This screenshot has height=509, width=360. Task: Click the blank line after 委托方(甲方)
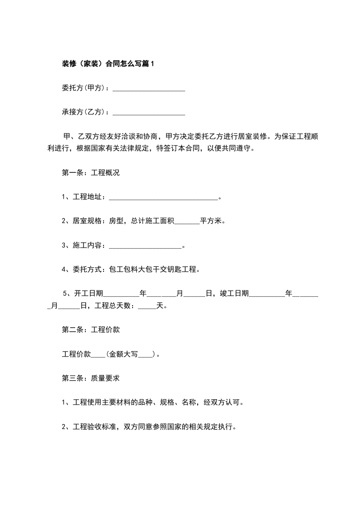click(x=148, y=88)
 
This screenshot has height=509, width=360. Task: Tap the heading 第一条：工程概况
click(x=90, y=173)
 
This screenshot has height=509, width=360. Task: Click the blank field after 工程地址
click(x=164, y=197)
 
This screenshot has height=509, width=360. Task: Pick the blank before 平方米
click(x=187, y=222)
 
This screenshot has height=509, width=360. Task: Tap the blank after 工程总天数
click(x=147, y=306)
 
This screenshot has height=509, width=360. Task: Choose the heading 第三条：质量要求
click(x=90, y=378)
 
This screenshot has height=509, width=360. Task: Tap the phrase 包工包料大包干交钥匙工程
click(x=153, y=269)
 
